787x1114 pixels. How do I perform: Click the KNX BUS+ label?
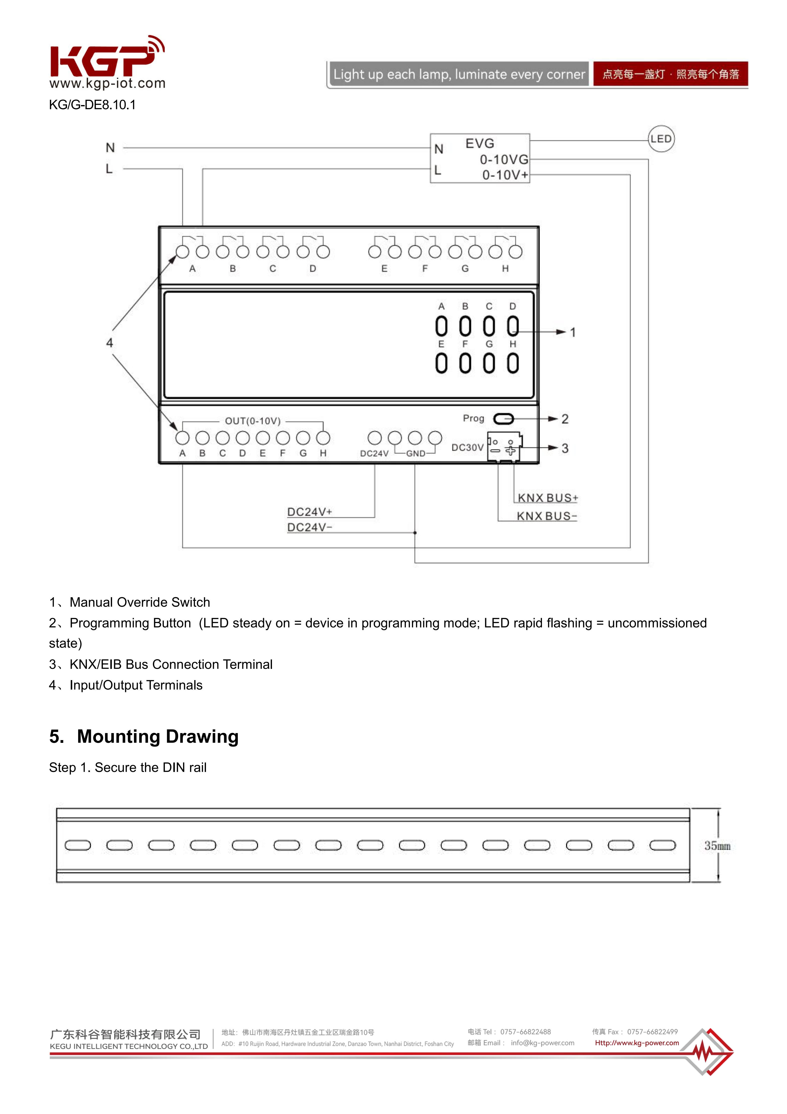click(548, 498)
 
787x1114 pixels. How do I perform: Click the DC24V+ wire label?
click(309, 512)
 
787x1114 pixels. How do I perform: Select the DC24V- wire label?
click(309, 528)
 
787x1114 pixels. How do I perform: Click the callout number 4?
click(110, 343)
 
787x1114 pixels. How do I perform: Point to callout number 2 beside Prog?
click(565, 419)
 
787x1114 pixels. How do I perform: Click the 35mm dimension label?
click(717, 846)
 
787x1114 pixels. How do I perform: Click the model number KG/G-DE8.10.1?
click(92, 105)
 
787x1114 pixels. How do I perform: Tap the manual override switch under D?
click(513, 326)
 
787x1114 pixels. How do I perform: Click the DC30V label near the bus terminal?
click(467, 447)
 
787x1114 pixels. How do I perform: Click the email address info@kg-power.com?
click(542, 1043)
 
